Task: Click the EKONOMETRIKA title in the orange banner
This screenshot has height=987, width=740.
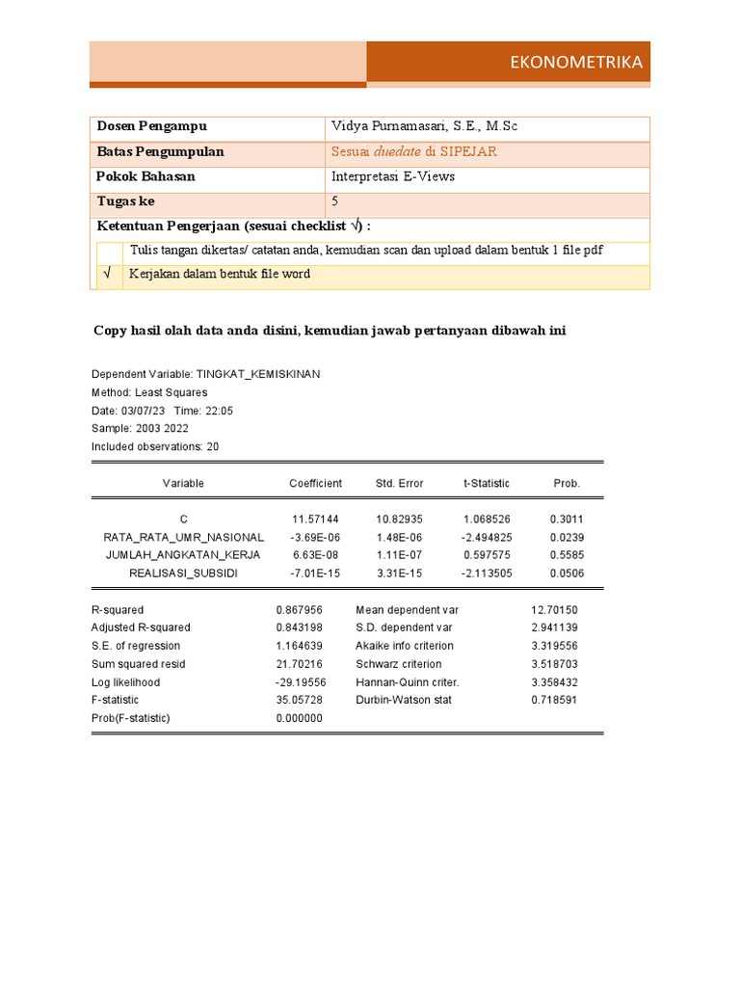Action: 576,64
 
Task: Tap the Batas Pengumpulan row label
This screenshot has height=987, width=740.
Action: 160,152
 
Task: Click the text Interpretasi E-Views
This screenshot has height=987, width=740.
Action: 393,177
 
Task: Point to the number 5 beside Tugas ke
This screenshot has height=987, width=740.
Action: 335,201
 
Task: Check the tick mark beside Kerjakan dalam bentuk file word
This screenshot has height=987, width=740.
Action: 108,275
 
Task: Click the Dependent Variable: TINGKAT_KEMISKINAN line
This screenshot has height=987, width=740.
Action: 205,374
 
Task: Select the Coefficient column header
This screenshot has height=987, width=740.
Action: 315,483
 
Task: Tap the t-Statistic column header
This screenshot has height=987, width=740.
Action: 487,483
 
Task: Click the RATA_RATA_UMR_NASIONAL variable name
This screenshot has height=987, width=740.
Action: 183,537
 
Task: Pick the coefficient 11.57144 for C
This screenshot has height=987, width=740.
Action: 315,520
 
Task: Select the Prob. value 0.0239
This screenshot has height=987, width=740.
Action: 567,537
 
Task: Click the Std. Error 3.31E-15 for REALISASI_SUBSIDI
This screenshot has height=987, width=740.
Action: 400,574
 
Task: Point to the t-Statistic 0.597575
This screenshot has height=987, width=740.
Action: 487,555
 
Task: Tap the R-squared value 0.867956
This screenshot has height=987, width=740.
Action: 299,610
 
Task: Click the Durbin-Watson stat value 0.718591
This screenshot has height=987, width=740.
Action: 554,700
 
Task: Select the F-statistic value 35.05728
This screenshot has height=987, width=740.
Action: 299,700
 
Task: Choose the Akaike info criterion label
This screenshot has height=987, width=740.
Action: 405,646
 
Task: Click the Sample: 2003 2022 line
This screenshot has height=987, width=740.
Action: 140,428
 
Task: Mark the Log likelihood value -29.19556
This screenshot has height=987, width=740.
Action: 301,682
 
